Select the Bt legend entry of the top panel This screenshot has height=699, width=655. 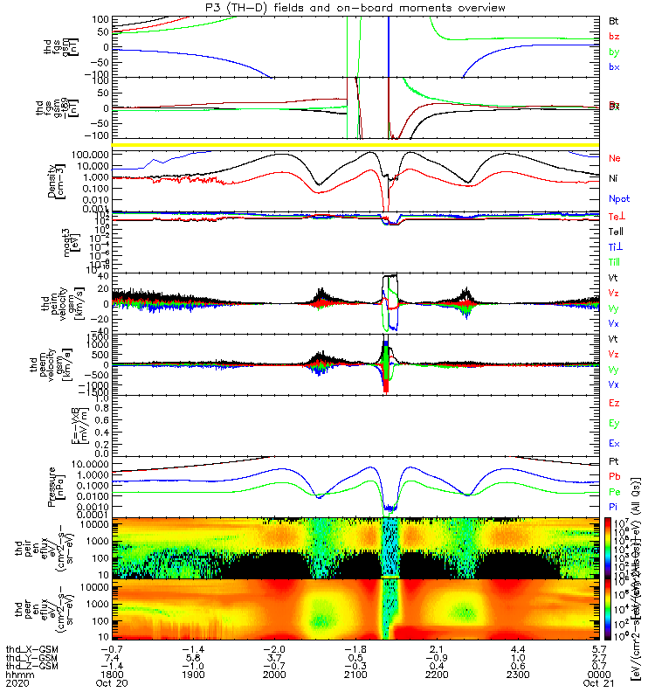[614, 20]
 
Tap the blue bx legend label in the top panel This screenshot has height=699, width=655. [614, 67]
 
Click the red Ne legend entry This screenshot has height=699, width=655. [614, 158]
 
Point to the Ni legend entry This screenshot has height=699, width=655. [613, 178]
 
